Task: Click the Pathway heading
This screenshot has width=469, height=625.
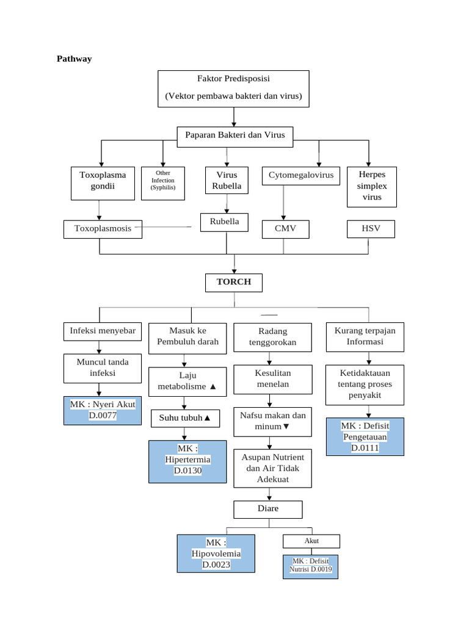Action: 74,59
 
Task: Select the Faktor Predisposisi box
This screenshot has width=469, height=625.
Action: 233,89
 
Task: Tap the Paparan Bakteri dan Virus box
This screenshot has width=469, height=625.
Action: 235,137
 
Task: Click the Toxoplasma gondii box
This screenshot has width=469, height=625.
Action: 103,183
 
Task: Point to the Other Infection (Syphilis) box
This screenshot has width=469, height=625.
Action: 163,183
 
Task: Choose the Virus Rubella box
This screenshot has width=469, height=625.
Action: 227,180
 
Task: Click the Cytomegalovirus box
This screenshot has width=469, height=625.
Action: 301,176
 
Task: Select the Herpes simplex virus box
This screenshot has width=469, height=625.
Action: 372,187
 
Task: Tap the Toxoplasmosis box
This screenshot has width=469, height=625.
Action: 103,229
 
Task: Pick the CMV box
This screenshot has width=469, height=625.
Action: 286,229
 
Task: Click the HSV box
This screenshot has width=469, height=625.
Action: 371,229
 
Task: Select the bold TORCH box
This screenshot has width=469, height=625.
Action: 234,283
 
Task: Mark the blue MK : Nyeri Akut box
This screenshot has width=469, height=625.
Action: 103,411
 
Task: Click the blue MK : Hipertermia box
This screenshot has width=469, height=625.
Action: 187,461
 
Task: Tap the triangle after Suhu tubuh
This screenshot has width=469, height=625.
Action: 207,418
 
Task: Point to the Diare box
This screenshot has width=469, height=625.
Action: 268,510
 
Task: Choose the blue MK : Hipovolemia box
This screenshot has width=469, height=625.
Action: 216,554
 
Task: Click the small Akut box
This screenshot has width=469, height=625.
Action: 311,541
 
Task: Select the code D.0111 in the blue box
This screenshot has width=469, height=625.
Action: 365,448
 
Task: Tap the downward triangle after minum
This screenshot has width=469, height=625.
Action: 286,427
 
